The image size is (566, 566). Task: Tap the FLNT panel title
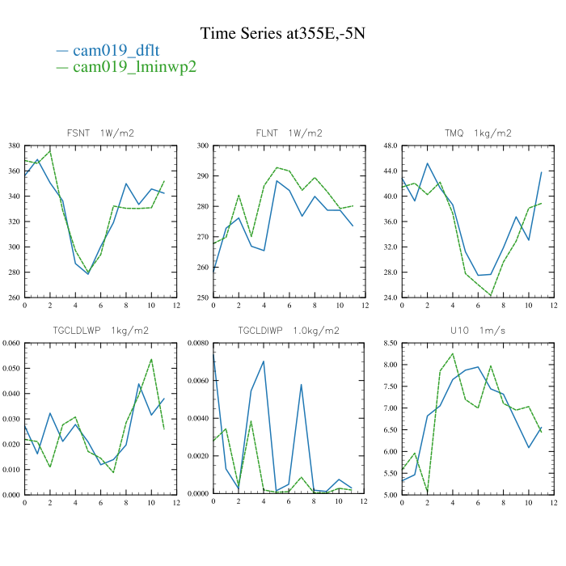[x=289, y=133]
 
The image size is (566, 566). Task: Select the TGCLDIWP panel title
[x=289, y=330]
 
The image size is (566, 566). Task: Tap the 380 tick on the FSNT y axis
[x=14, y=146]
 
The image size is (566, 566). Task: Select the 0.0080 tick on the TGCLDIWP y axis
[x=199, y=344]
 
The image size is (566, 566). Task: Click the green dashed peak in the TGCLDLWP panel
[x=151, y=359]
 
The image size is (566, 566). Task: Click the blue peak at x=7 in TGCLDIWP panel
[x=302, y=384]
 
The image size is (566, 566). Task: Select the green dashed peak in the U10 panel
[x=453, y=353]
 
